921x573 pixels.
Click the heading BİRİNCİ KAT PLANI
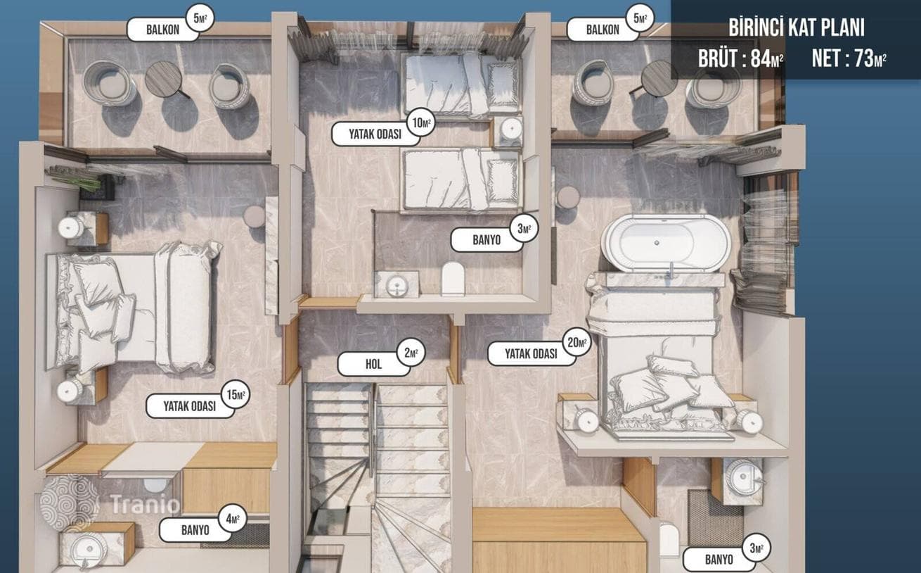(x=797, y=27)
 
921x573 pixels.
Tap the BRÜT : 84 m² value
(x=740, y=58)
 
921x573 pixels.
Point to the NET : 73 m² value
(x=849, y=58)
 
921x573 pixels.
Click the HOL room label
(x=373, y=364)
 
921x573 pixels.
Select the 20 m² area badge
(x=577, y=342)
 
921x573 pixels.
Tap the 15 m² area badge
(x=236, y=394)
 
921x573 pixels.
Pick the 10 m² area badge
(x=421, y=122)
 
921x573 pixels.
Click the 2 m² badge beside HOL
(x=411, y=353)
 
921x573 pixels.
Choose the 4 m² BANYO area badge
(x=233, y=518)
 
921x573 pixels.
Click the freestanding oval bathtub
(x=665, y=243)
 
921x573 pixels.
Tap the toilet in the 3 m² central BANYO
(x=453, y=278)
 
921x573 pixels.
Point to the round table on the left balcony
(x=164, y=79)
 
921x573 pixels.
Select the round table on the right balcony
(x=659, y=78)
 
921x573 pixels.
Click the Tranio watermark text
(x=145, y=504)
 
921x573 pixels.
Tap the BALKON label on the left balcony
(x=163, y=30)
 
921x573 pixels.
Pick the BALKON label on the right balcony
(x=603, y=30)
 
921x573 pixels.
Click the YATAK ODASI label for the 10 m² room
(x=375, y=134)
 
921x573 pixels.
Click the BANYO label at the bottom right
(x=719, y=560)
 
